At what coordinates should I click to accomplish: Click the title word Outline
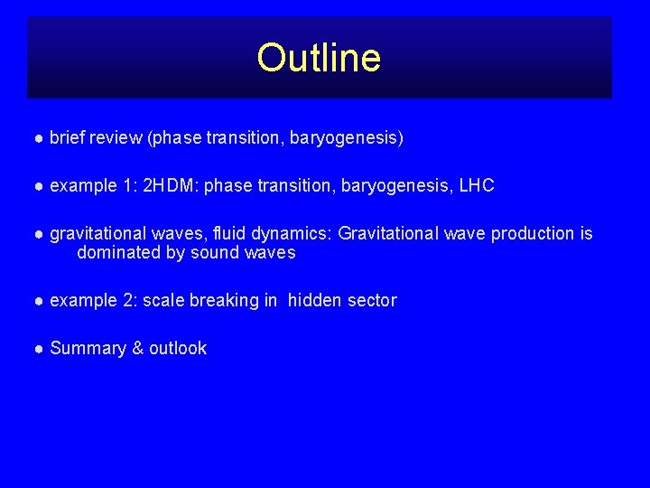coord(319,58)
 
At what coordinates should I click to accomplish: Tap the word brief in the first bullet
coord(69,138)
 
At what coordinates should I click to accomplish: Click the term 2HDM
coord(172,186)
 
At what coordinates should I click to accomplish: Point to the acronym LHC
coord(477,186)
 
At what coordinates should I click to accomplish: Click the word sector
coord(372,300)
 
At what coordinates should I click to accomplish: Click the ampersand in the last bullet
coord(137,348)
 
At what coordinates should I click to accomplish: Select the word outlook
coord(178,348)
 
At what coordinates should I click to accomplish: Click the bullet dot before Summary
coord(39,349)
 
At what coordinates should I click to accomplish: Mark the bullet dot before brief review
coord(39,139)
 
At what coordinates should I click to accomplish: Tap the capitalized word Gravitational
coord(393,233)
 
